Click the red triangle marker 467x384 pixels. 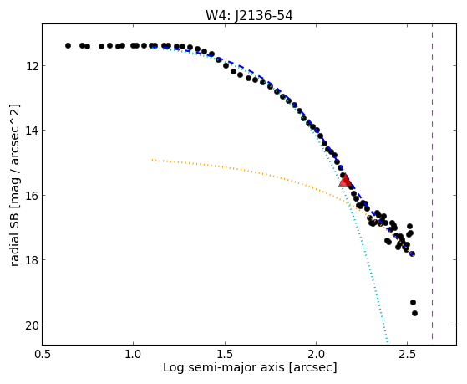coord(345,181)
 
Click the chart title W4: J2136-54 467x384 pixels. coord(249,16)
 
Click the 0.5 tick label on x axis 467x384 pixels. coord(43,354)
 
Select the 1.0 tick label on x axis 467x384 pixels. coord(134,354)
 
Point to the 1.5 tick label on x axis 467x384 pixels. coord(225,354)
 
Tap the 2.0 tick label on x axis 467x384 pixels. coord(316,354)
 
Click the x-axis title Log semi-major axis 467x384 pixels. coord(224,367)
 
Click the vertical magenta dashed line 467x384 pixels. coord(432,182)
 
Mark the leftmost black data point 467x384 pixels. coord(68,46)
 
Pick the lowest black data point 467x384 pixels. coord(414,313)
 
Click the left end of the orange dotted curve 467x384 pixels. coord(152,160)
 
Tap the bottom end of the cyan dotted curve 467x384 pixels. coord(387,342)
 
